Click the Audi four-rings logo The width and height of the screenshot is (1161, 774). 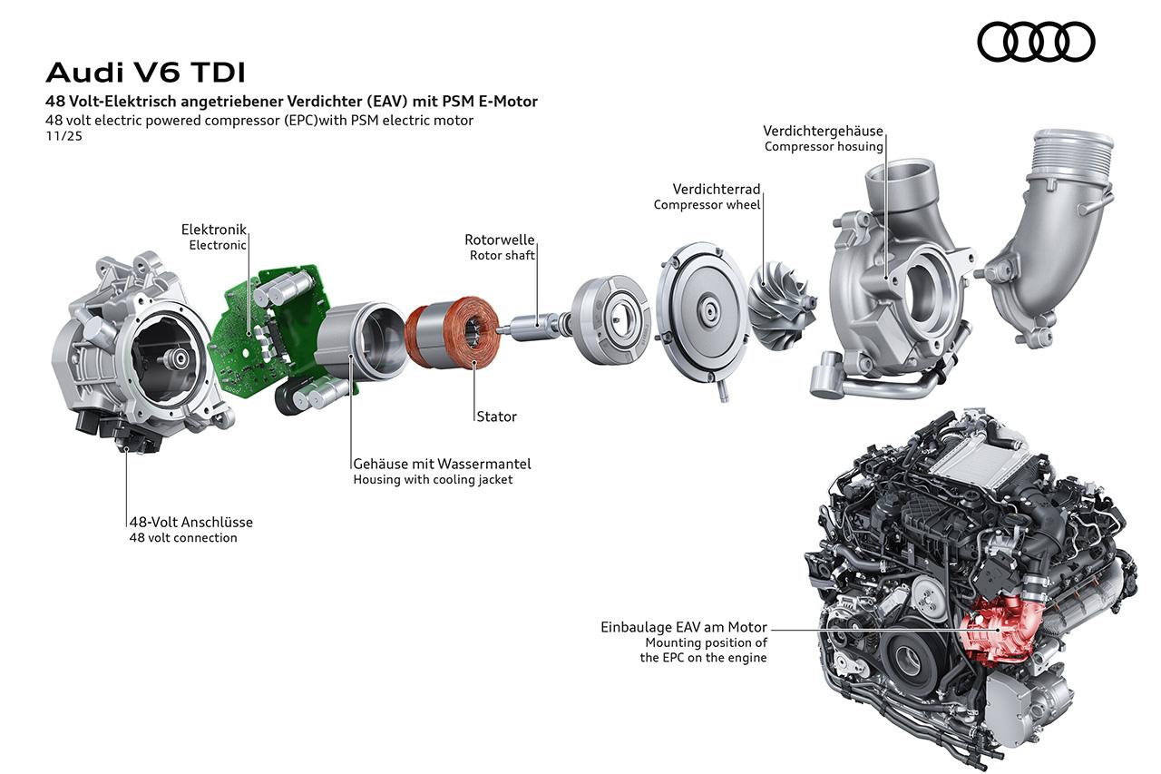(1036, 42)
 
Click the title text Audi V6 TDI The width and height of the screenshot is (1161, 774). (145, 73)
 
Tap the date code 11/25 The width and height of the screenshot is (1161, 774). (63, 136)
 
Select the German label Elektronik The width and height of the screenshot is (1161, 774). (213, 230)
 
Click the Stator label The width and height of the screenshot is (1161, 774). (496, 416)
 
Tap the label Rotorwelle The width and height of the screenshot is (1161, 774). (499, 240)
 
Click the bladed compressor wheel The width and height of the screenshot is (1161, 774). (782, 307)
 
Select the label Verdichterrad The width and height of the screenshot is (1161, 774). (717, 189)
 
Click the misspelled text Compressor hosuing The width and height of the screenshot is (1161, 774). (824, 147)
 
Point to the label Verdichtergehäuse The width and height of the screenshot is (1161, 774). (823, 131)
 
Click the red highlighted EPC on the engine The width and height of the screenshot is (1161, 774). (998, 629)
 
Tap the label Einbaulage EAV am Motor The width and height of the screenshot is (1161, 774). (684, 627)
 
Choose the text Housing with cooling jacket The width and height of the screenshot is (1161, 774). (433, 479)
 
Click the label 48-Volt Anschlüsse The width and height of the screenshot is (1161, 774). (191, 522)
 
